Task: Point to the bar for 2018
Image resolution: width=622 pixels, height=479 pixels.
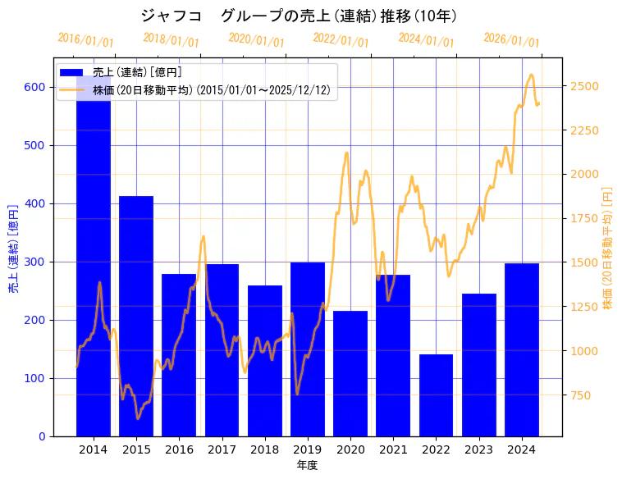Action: tap(265, 360)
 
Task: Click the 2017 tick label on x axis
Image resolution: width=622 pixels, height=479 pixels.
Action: tap(222, 449)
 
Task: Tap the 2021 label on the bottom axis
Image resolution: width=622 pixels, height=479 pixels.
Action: tap(393, 449)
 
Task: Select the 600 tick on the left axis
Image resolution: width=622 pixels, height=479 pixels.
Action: tap(35, 87)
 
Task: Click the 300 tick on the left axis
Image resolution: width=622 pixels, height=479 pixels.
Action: tap(35, 262)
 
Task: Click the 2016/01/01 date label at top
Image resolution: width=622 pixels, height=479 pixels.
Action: tap(85, 40)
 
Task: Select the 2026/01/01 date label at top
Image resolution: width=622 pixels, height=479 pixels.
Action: tap(511, 40)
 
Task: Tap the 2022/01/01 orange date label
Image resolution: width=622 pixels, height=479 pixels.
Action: tap(341, 40)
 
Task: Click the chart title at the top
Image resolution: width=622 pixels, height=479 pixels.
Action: tap(299, 16)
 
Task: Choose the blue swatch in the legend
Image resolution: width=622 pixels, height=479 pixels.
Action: tap(71, 73)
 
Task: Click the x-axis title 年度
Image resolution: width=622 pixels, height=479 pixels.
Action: tap(307, 465)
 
